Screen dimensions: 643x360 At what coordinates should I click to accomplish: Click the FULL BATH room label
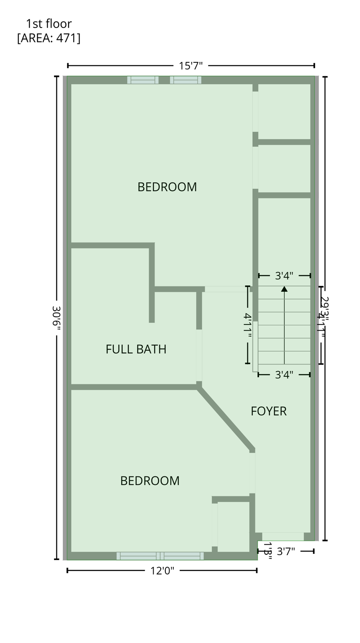(x=136, y=349)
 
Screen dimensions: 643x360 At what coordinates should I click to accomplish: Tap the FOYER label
(x=269, y=411)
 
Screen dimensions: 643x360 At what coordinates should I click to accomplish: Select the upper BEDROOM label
(x=167, y=187)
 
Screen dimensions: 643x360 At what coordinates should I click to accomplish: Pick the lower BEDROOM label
(x=150, y=481)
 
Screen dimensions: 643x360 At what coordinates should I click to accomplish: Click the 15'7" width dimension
(x=190, y=66)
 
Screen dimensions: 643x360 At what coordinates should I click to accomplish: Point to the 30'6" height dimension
(x=57, y=318)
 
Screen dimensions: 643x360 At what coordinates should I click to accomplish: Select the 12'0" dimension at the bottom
(x=162, y=571)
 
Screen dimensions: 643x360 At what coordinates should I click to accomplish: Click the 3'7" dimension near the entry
(x=286, y=551)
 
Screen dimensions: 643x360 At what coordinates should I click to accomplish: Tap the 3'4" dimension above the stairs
(x=284, y=275)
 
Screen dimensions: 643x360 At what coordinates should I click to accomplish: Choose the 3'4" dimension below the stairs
(x=284, y=375)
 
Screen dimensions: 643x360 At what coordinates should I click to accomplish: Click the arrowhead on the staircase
(x=284, y=289)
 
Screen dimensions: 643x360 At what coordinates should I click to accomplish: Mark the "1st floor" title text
(x=49, y=24)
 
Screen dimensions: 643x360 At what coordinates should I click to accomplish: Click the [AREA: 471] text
(x=49, y=38)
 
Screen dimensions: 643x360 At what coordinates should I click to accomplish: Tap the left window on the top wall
(x=143, y=80)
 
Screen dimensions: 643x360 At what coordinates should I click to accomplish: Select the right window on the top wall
(x=185, y=80)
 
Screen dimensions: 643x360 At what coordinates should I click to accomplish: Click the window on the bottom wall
(x=160, y=556)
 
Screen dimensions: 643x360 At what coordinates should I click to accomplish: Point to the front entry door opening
(x=283, y=537)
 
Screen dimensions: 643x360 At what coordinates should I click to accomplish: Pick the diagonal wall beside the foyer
(x=226, y=418)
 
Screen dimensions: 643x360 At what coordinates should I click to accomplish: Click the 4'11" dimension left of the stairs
(x=247, y=325)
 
